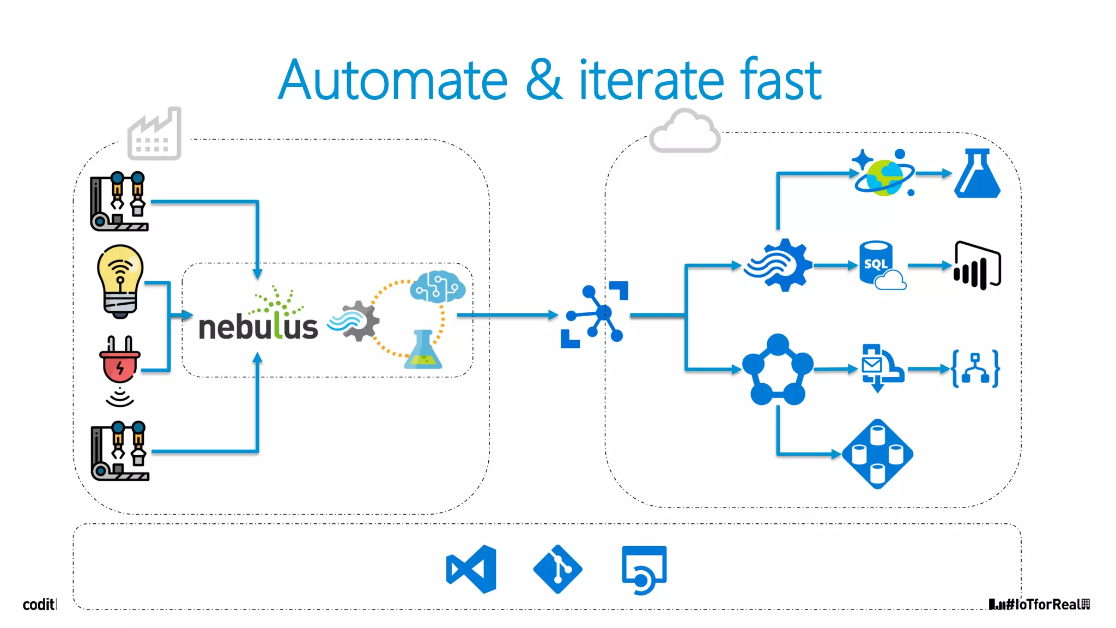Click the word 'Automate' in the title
(392, 81)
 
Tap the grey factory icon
(154, 134)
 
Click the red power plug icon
(120, 363)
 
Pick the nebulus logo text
(258, 326)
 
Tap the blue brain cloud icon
(438, 287)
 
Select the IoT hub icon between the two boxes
(595, 315)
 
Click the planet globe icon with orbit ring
(883, 174)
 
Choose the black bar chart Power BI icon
(977, 265)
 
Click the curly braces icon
(975, 369)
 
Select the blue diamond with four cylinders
(877, 454)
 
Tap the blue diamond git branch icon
(557, 569)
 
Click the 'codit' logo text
(38, 604)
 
